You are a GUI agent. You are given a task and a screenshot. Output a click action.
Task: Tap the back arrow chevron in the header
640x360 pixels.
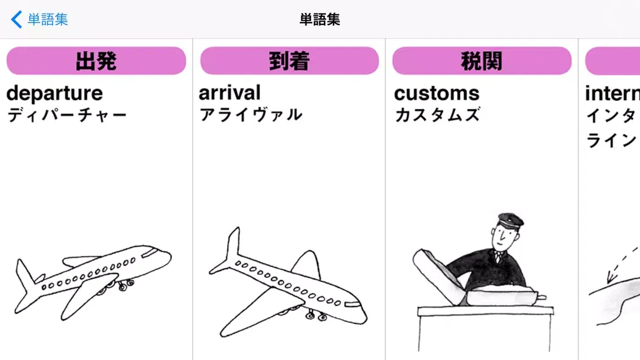[x=16, y=20]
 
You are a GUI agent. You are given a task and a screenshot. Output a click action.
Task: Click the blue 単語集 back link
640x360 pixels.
[x=48, y=20]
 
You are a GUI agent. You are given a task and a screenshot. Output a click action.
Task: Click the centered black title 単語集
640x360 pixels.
[x=319, y=20]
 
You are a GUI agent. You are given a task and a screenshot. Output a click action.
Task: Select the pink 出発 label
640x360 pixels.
[x=96, y=61]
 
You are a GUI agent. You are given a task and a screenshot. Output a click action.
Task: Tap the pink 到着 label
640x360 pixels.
[x=290, y=61]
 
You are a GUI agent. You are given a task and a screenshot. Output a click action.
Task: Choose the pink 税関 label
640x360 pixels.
[x=482, y=61]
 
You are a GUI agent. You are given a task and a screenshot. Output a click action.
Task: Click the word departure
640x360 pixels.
[x=55, y=93]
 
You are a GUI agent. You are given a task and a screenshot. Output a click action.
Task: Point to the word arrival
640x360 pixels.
[x=230, y=92]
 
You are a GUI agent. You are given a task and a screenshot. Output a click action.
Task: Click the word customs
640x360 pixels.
[x=437, y=93]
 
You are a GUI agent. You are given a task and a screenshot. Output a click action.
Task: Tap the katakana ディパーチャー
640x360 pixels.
[x=67, y=115]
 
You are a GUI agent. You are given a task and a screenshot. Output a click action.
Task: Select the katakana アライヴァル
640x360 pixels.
[x=251, y=115]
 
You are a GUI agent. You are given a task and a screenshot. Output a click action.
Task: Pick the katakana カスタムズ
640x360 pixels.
[x=437, y=115]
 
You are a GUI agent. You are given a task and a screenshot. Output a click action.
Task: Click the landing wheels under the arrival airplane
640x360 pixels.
[x=315, y=315]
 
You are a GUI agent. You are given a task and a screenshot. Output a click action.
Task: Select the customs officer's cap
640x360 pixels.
[x=510, y=219]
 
